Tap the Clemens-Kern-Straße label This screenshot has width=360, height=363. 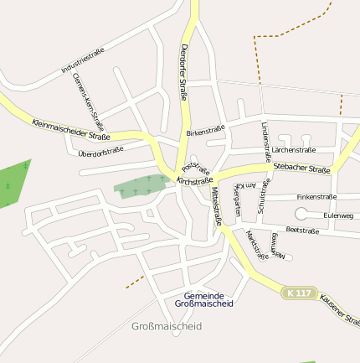coord(87,96)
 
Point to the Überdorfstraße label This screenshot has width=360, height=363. coord(100,151)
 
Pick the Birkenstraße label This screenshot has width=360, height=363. coord(206,132)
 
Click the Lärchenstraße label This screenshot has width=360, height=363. coord(293,149)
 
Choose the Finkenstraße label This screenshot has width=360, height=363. coord(316,197)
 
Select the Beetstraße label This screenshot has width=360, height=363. coord(303,229)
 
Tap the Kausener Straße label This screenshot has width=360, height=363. coord(340,309)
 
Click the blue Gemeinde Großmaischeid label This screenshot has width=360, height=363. coord(204,298)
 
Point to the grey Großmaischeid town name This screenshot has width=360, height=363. coord(167,326)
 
